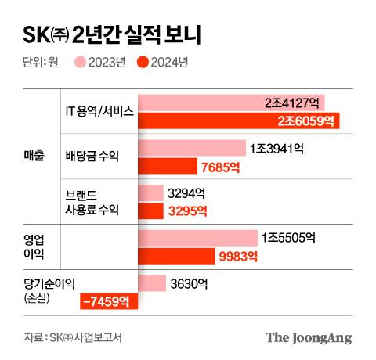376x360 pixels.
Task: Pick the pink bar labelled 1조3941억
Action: point(191,148)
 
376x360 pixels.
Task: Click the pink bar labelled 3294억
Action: point(150,193)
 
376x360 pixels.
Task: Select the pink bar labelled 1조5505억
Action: point(197,238)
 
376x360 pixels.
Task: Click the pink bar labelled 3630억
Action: point(151,283)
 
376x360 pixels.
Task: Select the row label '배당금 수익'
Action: point(92,157)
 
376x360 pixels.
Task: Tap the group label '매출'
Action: point(34,157)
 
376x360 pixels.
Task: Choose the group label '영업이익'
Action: point(34,247)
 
